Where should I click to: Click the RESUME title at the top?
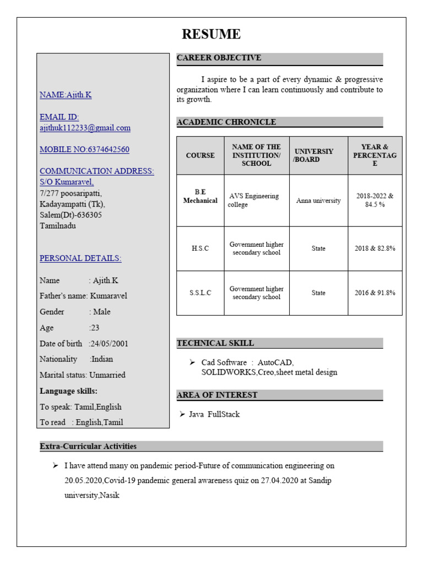pyautogui.click(x=211, y=35)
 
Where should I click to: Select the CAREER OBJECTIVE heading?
pyautogui.click(x=219, y=58)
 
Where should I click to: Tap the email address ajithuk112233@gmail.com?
pyautogui.click(x=85, y=128)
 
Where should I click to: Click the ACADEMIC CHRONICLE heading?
pyautogui.click(x=226, y=122)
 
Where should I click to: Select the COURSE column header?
pyautogui.click(x=200, y=155)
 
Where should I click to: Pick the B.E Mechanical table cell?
pyautogui.click(x=200, y=197)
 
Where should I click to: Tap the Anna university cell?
pyautogui.click(x=318, y=200)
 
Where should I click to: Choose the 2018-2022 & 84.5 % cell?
pyautogui.click(x=375, y=200)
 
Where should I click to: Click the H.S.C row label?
pyautogui.click(x=200, y=248)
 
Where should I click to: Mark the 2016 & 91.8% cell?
pyautogui.click(x=375, y=293)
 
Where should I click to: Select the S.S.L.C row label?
pyautogui.click(x=200, y=293)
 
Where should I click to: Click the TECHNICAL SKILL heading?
pyautogui.click(x=215, y=343)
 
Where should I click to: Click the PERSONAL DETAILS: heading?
pyautogui.click(x=80, y=258)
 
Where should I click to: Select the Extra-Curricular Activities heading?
pyautogui.click(x=88, y=446)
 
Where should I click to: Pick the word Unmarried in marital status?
pyautogui.click(x=107, y=375)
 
